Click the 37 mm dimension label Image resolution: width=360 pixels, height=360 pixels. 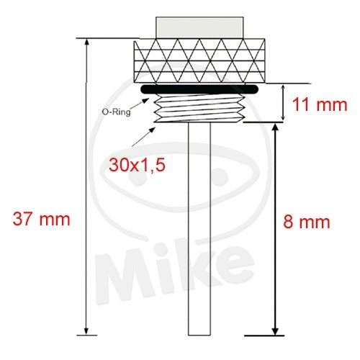coord(41,219)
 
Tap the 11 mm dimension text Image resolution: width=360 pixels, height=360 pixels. coord(320,105)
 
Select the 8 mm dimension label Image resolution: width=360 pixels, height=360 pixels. coord(307,222)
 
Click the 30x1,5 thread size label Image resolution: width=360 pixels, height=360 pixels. coord(137,165)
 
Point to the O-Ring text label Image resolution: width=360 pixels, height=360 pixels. coord(117,112)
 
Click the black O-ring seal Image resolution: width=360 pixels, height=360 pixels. coord(199,89)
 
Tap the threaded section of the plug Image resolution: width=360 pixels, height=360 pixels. coord(199,108)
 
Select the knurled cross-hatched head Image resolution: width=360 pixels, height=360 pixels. coord(199,61)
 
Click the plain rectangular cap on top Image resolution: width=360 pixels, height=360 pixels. coord(199,27)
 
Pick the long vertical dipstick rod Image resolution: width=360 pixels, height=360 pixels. coord(199,229)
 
